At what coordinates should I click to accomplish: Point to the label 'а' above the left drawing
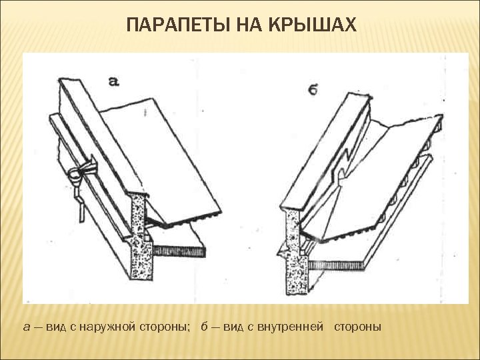coord(113,81)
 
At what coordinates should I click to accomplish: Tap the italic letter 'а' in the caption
coord(26,327)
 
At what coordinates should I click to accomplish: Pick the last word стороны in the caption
coord(357,327)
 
